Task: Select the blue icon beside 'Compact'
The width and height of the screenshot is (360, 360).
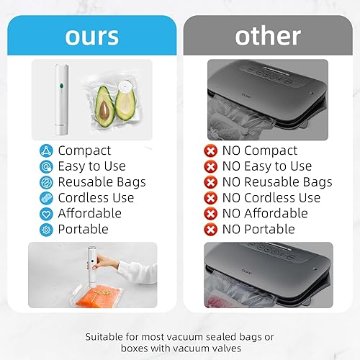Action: click(46, 150)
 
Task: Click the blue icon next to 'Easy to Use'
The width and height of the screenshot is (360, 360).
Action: click(46, 166)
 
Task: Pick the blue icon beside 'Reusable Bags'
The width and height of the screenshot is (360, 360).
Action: click(46, 182)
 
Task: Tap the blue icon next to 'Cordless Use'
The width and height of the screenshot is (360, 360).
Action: click(46, 198)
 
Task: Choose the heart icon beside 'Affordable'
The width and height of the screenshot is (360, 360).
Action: click(46, 214)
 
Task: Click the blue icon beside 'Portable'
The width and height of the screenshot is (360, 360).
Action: click(46, 230)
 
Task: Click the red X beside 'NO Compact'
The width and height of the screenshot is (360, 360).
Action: click(210, 150)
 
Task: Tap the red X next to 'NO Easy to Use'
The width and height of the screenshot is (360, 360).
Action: click(210, 166)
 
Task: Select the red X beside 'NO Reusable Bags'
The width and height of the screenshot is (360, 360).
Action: click(210, 182)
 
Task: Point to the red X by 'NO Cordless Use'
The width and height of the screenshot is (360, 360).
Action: click(210, 198)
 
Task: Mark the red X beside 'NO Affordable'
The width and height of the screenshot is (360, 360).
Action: click(210, 214)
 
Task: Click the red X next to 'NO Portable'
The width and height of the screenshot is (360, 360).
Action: click(210, 230)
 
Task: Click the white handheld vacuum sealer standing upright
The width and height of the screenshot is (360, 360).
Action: click(60, 100)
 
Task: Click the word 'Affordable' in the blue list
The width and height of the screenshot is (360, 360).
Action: click(90, 214)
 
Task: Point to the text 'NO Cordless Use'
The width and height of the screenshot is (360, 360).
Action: click(271, 198)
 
